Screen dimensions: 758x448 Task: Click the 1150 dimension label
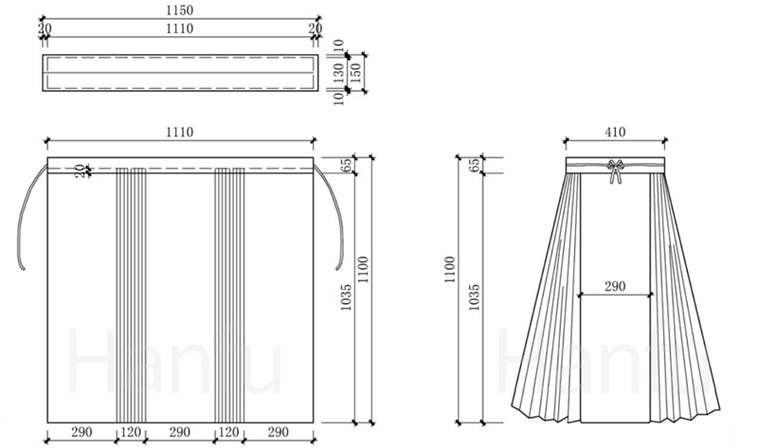[x=179, y=10]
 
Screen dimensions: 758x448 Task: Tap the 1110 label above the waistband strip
[x=179, y=29]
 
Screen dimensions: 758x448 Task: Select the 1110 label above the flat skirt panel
[x=179, y=132]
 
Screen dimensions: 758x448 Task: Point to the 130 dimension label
[x=339, y=73]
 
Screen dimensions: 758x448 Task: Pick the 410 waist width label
[x=615, y=132]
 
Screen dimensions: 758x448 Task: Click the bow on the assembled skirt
[x=615, y=170]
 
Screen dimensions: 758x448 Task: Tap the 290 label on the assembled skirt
[x=615, y=287]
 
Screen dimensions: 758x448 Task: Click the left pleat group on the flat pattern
[x=131, y=295]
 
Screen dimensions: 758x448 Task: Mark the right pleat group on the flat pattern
[x=229, y=295]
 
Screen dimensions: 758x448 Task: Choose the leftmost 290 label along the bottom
[x=81, y=432]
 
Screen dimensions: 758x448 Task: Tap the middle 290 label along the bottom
[x=179, y=432]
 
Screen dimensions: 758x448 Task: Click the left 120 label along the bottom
[x=131, y=432]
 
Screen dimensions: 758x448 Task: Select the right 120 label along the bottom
[x=228, y=432]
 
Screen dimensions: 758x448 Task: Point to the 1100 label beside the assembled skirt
[x=449, y=270]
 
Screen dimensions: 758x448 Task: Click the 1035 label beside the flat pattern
[x=346, y=296]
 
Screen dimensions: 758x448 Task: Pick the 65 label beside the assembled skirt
[x=475, y=165]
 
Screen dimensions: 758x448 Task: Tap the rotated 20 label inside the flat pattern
[x=81, y=170]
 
